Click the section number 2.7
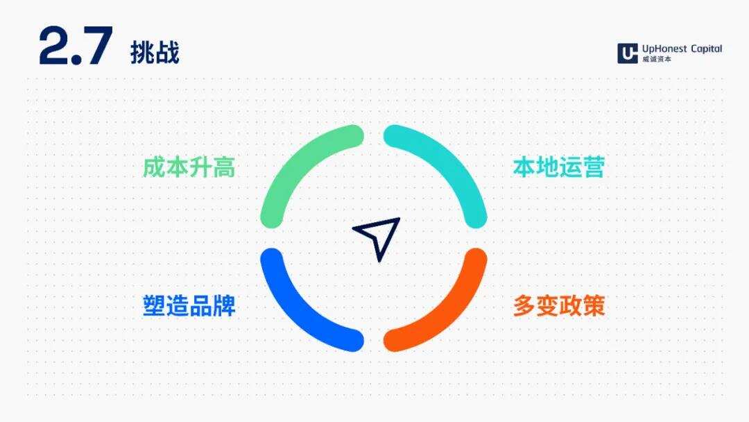tap(75, 47)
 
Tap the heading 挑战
tap(155, 52)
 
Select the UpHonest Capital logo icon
tap(627, 53)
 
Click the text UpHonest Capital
tap(682, 49)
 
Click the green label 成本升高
tap(189, 167)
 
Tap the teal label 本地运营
tap(558, 167)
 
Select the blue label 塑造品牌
tap(189, 306)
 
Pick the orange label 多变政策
tap(558, 306)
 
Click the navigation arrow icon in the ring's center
tap(379, 237)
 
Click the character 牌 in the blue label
tap(224, 306)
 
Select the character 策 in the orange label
tap(594, 306)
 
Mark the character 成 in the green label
tap(154, 167)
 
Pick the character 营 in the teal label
tap(594, 167)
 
